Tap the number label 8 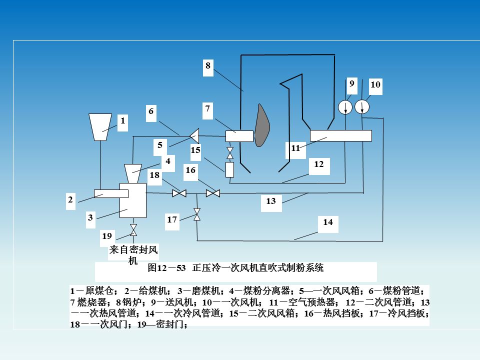pos(208,65)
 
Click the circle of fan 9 pos(345,107)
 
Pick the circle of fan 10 pos(361,107)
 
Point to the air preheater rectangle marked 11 pos(340,135)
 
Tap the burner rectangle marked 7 pos(239,135)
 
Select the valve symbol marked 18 pos(179,193)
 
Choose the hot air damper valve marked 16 pos(213,193)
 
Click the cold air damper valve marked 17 pos(197,214)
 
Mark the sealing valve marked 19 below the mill pos(133,230)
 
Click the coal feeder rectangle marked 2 pos(110,193)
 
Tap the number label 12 pos(319,163)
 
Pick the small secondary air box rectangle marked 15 pos(230,169)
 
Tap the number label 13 pos(271,201)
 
